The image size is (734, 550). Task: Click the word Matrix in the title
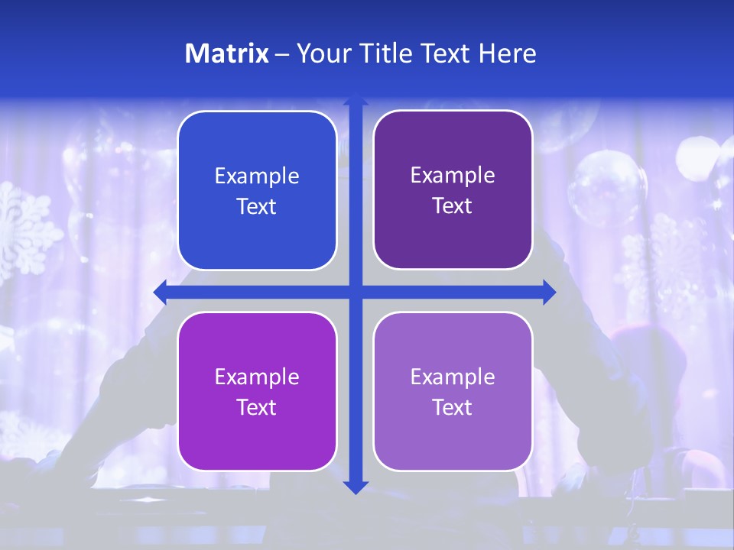pyautogui.click(x=226, y=53)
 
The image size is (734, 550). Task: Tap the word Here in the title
pyautogui.click(x=507, y=53)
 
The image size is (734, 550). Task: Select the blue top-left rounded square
pyautogui.click(x=257, y=190)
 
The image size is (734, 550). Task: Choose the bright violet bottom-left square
pyautogui.click(x=257, y=391)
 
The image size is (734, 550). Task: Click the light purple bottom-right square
pyautogui.click(x=453, y=391)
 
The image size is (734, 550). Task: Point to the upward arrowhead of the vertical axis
pyautogui.click(x=355, y=100)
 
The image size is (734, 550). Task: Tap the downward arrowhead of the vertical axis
pyautogui.click(x=355, y=487)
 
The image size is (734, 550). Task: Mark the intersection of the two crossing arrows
pyautogui.click(x=355, y=292)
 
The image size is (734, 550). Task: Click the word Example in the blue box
pyautogui.click(x=257, y=176)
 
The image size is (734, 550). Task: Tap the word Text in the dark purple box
pyautogui.click(x=453, y=206)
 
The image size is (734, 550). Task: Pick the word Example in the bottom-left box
pyautogui.click(x=257, y=377)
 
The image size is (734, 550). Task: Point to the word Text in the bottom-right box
pyautogui.click(x=453, y=407)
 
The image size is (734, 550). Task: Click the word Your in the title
pyautogui.click(x=320, y=53)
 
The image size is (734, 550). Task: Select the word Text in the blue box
pyautogui.click(x=257, y=207)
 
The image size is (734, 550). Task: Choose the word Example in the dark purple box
pyautogui.click(x=453, y=176)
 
